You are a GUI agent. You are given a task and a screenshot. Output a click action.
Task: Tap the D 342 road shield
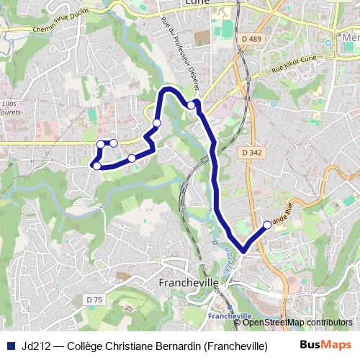(x=251, y=153)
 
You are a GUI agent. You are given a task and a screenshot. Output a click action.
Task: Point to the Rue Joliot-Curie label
(x=293, y=70)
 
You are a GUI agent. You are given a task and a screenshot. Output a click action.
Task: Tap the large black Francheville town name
(x=187, y=284)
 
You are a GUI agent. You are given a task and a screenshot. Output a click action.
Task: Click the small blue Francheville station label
(x=229, y=316)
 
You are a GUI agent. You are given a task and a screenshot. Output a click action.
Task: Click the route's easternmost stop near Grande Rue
(x=267, y=225)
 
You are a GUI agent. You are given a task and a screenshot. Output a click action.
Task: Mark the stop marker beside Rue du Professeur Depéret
(x=192, y=105)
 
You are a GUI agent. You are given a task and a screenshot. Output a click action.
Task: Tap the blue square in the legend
(x=10, y=346)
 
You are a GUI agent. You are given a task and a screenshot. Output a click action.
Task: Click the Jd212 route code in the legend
(x=35, y=346)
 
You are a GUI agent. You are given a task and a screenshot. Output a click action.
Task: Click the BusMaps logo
(x=325, y=345)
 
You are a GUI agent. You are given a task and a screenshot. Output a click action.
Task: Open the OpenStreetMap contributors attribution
(x=297, y=323)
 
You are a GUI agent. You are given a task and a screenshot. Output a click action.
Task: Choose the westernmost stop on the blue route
(x=96, y=166)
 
